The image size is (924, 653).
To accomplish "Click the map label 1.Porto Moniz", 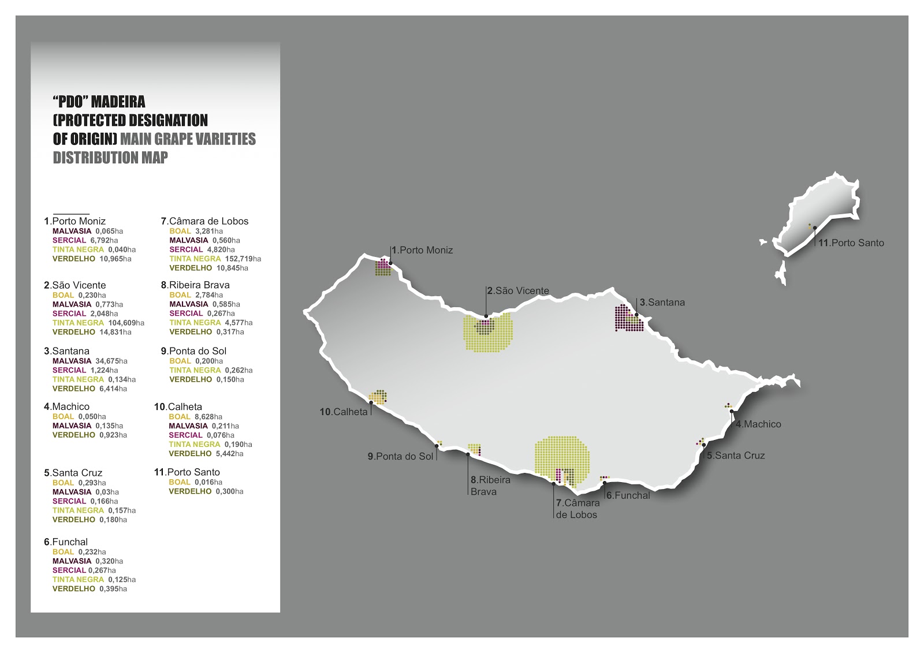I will pyautogui.click(x=422, y=250).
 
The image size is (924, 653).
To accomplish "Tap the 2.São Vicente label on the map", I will pyautogui.click(x=518, y=291).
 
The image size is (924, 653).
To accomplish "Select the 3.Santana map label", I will pyautogui.click(x=662, y=303).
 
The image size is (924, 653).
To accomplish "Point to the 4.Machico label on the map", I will pyautogui.click(x=758, y=424).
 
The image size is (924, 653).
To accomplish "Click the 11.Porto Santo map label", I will pyautogui.click(x=851, y=243).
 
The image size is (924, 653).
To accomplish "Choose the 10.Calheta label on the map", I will pyautogui.click(x=344, y=412).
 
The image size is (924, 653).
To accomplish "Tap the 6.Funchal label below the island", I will pyautogui.click(x=628, y=495).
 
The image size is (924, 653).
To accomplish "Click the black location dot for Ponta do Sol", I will pyautogui.click(x=437, y=446).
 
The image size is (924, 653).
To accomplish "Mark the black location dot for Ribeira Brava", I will pyautogui.click(x=468, y=454).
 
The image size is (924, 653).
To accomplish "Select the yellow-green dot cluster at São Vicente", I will pyautogui.click(x=489, y=334).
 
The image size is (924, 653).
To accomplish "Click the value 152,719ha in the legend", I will pyautogui.click(x=243, y=259).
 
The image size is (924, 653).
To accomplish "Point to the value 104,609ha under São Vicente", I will pyautogui.click(x=126, y=323).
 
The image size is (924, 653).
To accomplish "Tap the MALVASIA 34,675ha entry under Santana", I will pyautogui.click(x=90, y=361).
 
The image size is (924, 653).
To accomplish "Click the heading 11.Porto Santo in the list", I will pyautogui.click(x=187, y=472).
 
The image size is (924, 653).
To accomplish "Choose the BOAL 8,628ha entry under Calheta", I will pyautogui.click(x=195, y=416).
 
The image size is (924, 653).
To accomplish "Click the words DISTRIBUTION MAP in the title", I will pyautogui.click(x=110, y=158).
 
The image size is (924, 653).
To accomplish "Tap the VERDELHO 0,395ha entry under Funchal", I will pyautogui.click(x=90, y=589).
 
